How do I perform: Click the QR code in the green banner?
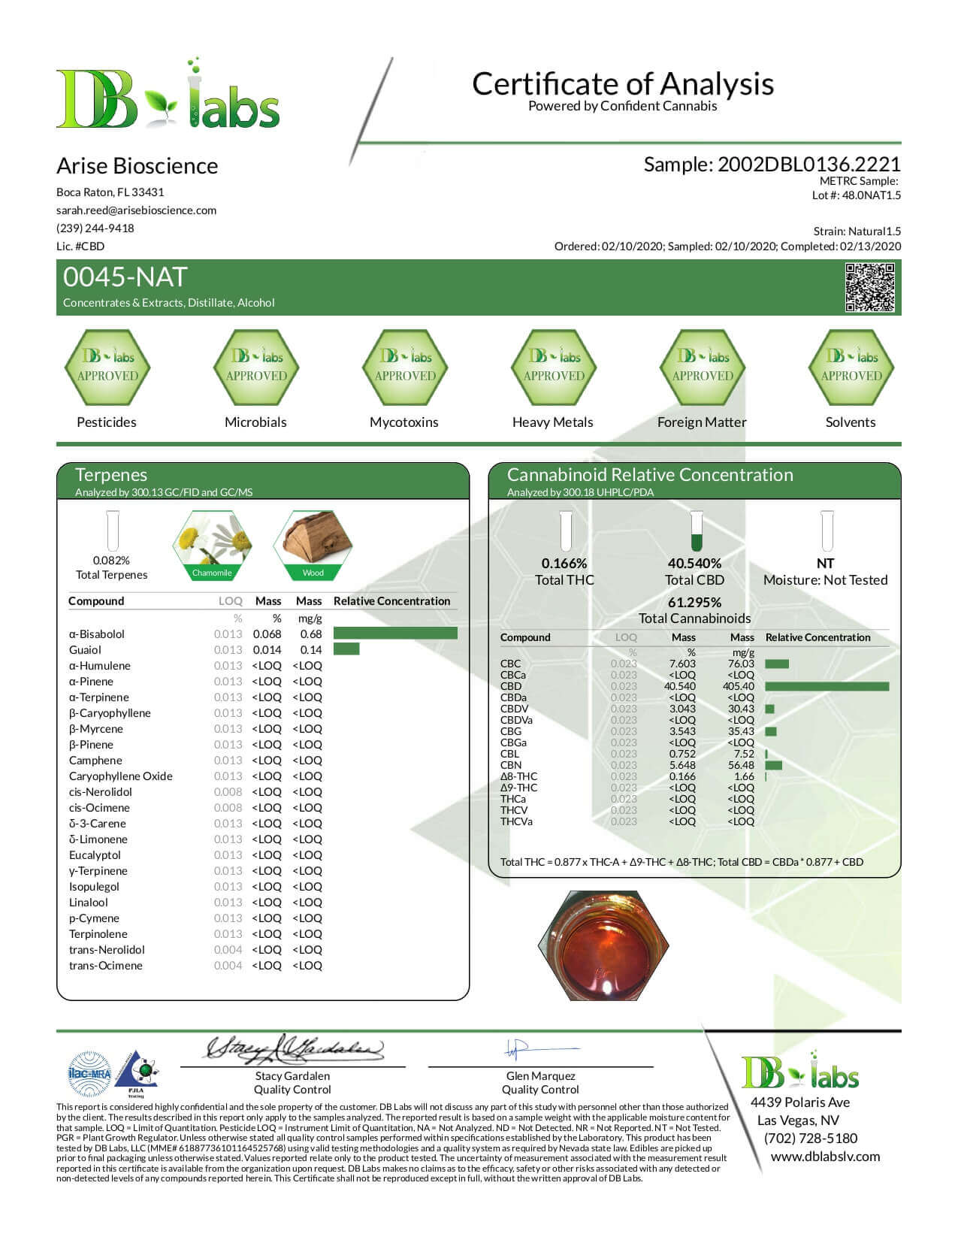coord(870,287)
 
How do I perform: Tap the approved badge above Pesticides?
coord(107,367)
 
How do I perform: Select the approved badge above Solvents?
coord(851,367)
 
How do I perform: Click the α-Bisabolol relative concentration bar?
coord(394,634)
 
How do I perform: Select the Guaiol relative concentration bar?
coord(346,649)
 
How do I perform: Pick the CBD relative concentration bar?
coord(827,686)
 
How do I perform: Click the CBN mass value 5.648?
coord(682,765)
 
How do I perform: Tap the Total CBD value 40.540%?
coord(694,563)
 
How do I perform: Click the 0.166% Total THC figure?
coord(564,563)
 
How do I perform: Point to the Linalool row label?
coord(89,903)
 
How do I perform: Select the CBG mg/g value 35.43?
coord(741,731)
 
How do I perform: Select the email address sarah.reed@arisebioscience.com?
coord(136,210)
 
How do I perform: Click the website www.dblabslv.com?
coord(825,1157)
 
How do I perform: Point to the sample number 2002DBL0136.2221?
coord(808,165)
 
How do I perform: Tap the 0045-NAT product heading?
coord(125,277)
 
